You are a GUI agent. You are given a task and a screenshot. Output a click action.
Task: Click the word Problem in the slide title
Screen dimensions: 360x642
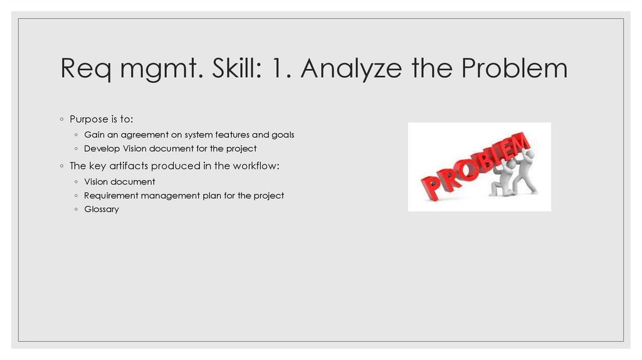pos(514,69)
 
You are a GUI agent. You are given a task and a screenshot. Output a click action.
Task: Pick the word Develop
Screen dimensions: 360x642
pos(102,149)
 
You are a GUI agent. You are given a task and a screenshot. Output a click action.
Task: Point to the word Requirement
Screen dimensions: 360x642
pos(111,196)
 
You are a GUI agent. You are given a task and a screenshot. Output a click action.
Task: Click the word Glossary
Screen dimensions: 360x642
pos(102,209)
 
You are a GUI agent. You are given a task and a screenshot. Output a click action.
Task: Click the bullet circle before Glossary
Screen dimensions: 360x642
pos(76,209)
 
